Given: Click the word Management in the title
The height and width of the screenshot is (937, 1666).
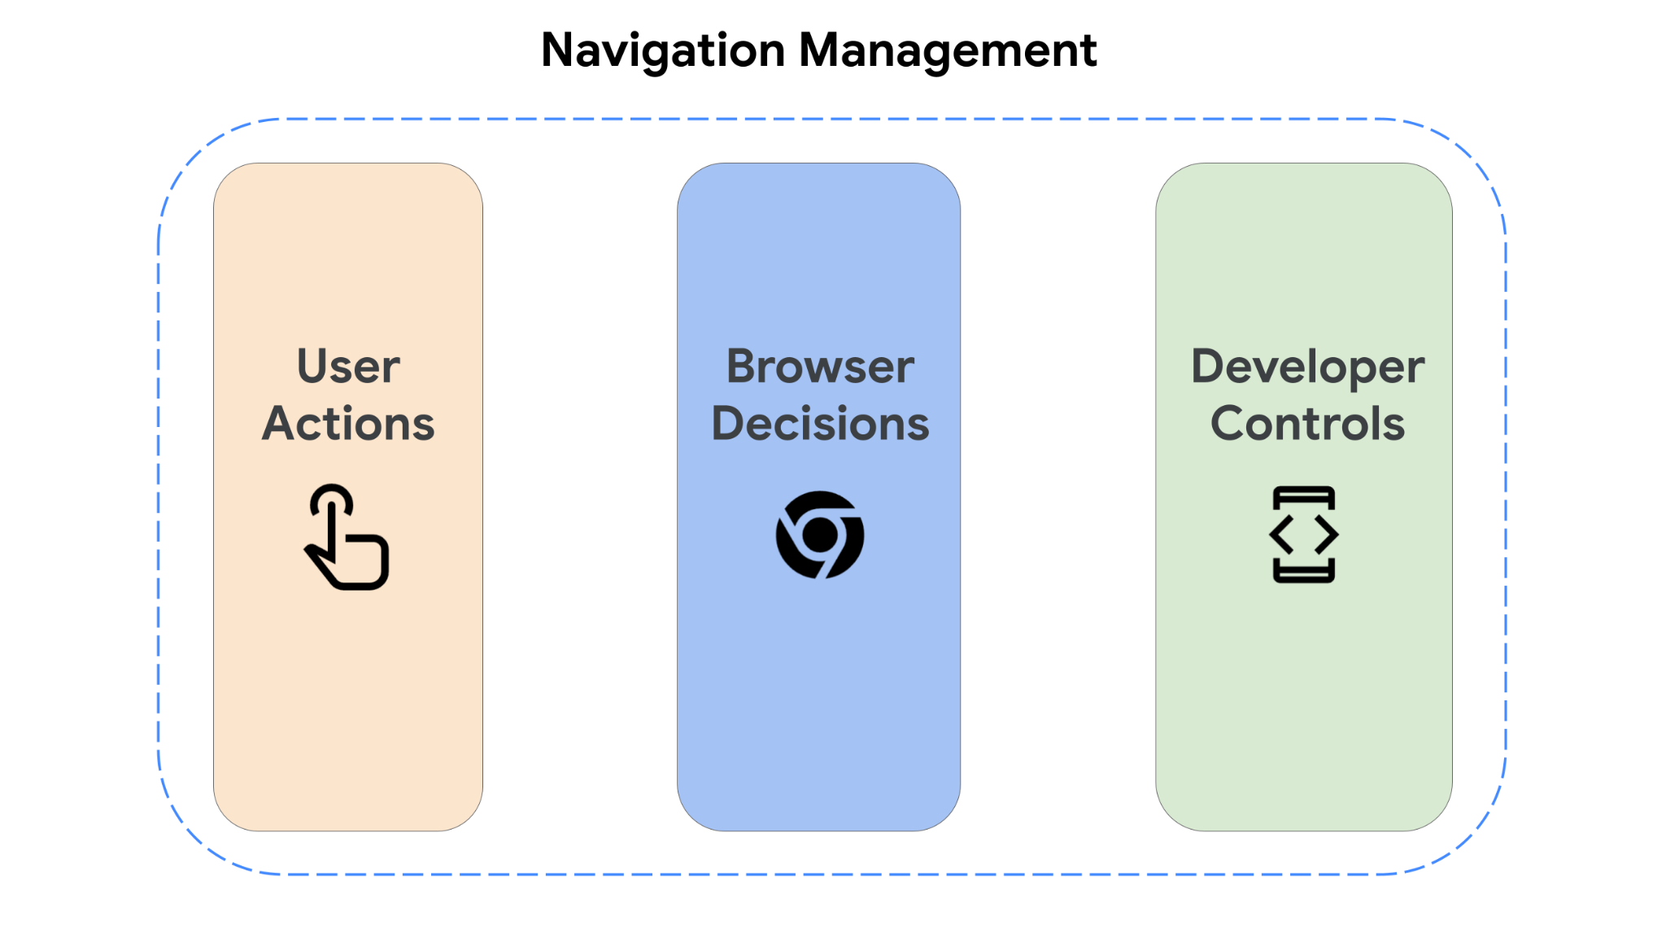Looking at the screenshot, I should click(x=948, y=50).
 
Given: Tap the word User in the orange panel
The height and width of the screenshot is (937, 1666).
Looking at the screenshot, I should click(x=348, y=366).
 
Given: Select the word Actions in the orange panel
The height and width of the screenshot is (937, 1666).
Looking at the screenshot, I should click(x=348, y=423).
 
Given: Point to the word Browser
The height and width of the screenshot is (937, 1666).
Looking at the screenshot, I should click(x=820, y=366).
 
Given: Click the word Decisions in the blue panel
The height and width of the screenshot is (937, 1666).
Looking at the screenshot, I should click(x=820, y=423).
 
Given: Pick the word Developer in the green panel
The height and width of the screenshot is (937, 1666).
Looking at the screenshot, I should click(x=1307, y=366).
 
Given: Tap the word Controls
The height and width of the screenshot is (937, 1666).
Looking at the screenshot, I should click(x=1307, y=423).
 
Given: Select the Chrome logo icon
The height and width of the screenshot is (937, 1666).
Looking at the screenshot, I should click(x=820, y=534).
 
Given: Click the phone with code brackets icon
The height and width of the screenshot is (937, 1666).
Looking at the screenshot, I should click(x=1304, y=534).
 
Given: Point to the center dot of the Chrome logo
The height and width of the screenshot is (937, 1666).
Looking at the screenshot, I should click(x=820, y=534).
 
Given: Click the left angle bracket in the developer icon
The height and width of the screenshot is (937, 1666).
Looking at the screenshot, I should click(x=1282, y=534).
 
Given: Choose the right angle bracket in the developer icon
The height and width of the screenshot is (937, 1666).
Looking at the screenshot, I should click(x=1326, y=534).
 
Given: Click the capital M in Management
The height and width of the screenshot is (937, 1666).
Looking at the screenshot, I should click(x=820, y=50).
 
